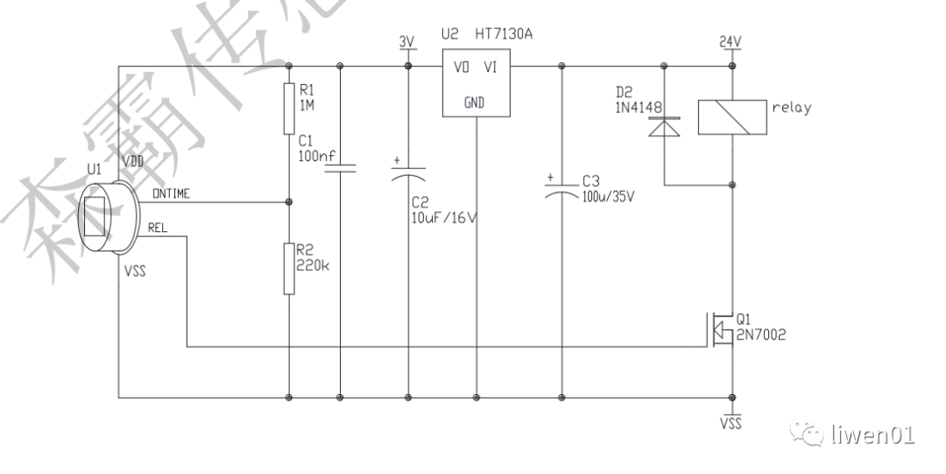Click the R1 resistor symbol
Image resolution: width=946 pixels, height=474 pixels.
pos(289,109)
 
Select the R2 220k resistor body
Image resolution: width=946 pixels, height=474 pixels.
pos(289,269)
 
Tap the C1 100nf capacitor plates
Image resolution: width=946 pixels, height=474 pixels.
pos(339,167)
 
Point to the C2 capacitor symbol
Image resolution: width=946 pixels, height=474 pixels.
pos(407,173)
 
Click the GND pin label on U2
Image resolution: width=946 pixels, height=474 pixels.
pos(476,103)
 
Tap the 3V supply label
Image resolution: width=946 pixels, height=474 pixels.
pos(406,41)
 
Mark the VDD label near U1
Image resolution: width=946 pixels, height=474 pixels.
pos(134,163)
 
